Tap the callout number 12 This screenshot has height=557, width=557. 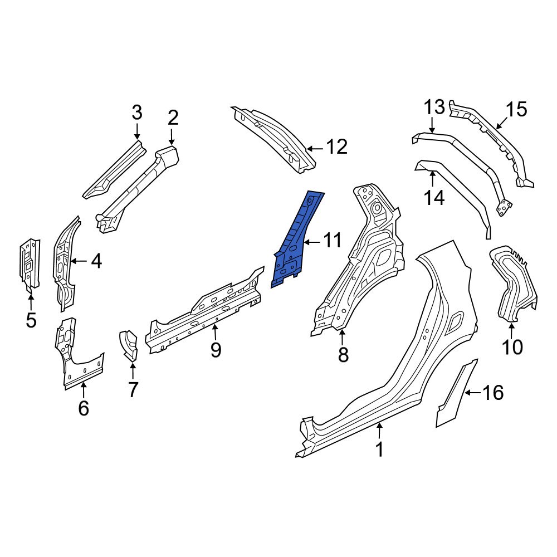coord(336,148)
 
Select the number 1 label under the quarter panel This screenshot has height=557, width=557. coord(379,449)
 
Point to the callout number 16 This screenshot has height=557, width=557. coord(493,393)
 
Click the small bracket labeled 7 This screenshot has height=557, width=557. coord(129,344)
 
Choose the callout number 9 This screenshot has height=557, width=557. coord(216,350)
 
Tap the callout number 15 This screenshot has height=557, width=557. coord(516,110)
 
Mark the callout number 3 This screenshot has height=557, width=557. coord(137,113)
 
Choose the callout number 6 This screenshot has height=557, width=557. coord(83,409)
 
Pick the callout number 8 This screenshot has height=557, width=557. coord(343,354)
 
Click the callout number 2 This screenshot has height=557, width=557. coord(173,118)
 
